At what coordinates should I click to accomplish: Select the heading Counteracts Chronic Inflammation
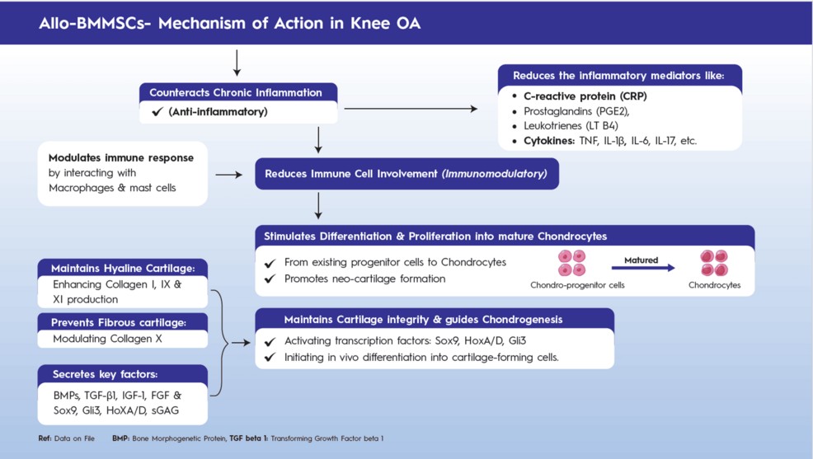pyautogui.click(x=236, y=93)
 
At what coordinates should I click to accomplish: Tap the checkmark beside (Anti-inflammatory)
pyautogui.click(x=157, y=112)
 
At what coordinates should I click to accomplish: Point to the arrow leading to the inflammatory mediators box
pyautogui.click(x=411, y=109)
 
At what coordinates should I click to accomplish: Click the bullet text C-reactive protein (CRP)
pyautogui.click(x=585, y=96)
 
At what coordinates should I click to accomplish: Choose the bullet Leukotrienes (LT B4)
pyautogui.click(x=571, y=126)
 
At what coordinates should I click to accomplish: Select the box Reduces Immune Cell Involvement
pyautogui.click(x=406, y=174)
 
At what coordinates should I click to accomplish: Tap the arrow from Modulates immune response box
pyautogui.click(x=228, y=175)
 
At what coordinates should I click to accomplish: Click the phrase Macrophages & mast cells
pyautogui.click(x=112, y=188)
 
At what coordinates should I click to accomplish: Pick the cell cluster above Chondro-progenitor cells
pyautogui.click(x=571, y=263)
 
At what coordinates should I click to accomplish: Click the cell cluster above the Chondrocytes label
pyautogui.click(x=714, y=263)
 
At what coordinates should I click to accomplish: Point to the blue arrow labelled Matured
pyautogui.click(x=643, y=268)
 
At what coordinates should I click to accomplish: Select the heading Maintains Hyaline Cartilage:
pyautogui.click(x=123, y=269)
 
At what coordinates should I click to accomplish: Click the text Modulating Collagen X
pyautogui.click(x=107, y=339)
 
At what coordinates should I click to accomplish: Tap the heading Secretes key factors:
pyautogui.click(x=105, y=375)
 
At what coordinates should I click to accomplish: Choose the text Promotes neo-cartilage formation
pyautogui.click(x=364, y=279)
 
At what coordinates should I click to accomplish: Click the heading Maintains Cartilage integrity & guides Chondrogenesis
pyautogui.click(x=423, y=320)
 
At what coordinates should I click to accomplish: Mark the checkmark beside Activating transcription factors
pyautogui.click(x=270, y=342)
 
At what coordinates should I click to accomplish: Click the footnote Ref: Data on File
pyautogui.click(x=66, y=438)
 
